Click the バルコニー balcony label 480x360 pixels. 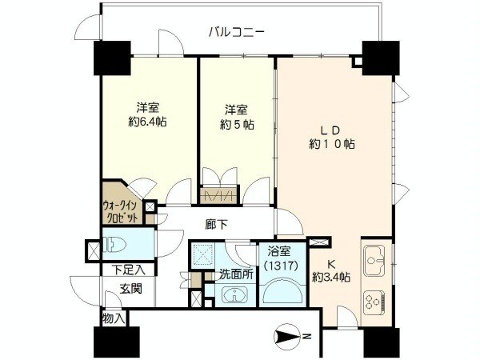click(236, 32)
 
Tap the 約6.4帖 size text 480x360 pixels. click(147, 122)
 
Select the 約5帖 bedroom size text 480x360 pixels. click(237, 124)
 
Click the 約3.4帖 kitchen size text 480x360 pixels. click(331, 278)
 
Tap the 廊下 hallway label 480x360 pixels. click(217, 225)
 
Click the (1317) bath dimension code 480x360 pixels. click(282, 265)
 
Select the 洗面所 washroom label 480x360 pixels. click(236, 274)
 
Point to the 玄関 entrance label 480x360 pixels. click(130, 288)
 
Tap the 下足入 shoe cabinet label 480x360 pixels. click(128, 270)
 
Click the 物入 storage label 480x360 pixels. click(114, 318)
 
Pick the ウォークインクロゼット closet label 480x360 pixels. click(121, 211)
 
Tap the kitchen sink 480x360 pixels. click(374, 260)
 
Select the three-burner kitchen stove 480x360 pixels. click(374, 301)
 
